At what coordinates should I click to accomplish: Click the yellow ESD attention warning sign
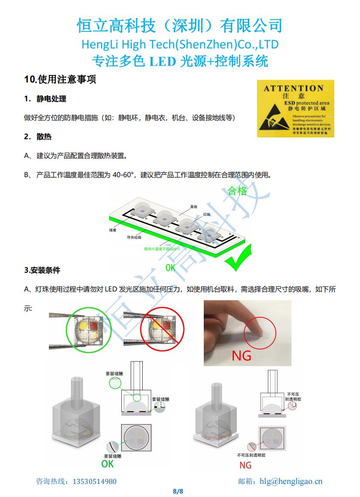pos(295,109)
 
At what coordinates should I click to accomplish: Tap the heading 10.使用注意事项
pos(60,79)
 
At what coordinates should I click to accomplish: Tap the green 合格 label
pos(237,191)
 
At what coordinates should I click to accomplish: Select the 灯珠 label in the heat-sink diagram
pos(207,215)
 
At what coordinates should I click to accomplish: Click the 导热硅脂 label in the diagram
pos(134,237)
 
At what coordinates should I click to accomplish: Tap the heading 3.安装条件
pos(42,270)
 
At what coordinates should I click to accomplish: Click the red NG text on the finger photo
pos(241,356)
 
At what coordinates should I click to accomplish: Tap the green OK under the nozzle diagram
pos(107,464)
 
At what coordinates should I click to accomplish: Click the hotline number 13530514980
pos(95,481)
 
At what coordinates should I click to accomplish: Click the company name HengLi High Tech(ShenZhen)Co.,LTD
pos(180,45)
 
